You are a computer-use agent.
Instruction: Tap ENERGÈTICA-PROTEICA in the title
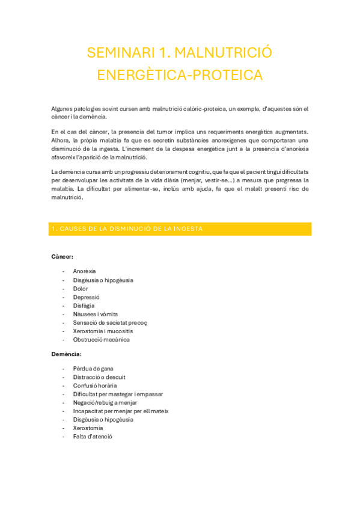point(180,75)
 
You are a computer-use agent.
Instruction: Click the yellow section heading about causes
point(127,229)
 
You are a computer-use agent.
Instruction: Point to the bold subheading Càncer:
point(63,257)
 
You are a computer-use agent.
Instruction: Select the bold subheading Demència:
point(67,354)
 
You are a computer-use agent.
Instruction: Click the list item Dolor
point(81,289)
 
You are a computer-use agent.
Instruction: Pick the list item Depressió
point(86,297)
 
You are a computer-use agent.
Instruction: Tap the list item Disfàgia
point(84,306)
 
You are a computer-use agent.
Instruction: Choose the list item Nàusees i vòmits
point(95,314)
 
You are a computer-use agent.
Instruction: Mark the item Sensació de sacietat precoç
point(109,322)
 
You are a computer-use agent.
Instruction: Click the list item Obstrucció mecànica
point(101,339)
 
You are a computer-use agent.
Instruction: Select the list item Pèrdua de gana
point(93,369)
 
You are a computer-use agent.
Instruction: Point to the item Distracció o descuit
point(99,377)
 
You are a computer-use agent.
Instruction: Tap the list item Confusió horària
point(94,386)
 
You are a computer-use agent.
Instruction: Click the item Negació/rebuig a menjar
point(105,402)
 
